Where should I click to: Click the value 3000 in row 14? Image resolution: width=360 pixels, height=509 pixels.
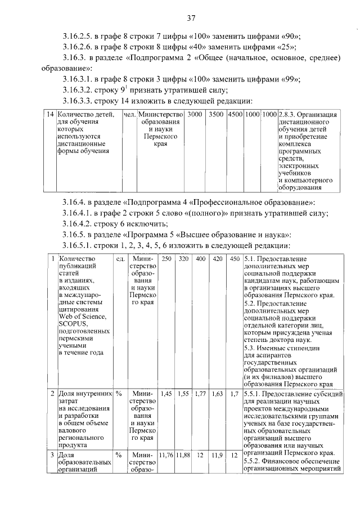pyautogui.click(x=195, y=115)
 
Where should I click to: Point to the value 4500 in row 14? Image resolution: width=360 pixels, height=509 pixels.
pyautogui.click(x=235, y=115)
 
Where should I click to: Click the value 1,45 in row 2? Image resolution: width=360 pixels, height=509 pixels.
pyautogui.click(x=167, y=394)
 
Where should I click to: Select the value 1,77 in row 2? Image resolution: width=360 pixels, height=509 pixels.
pyautogui.click(x=200, y=394)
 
